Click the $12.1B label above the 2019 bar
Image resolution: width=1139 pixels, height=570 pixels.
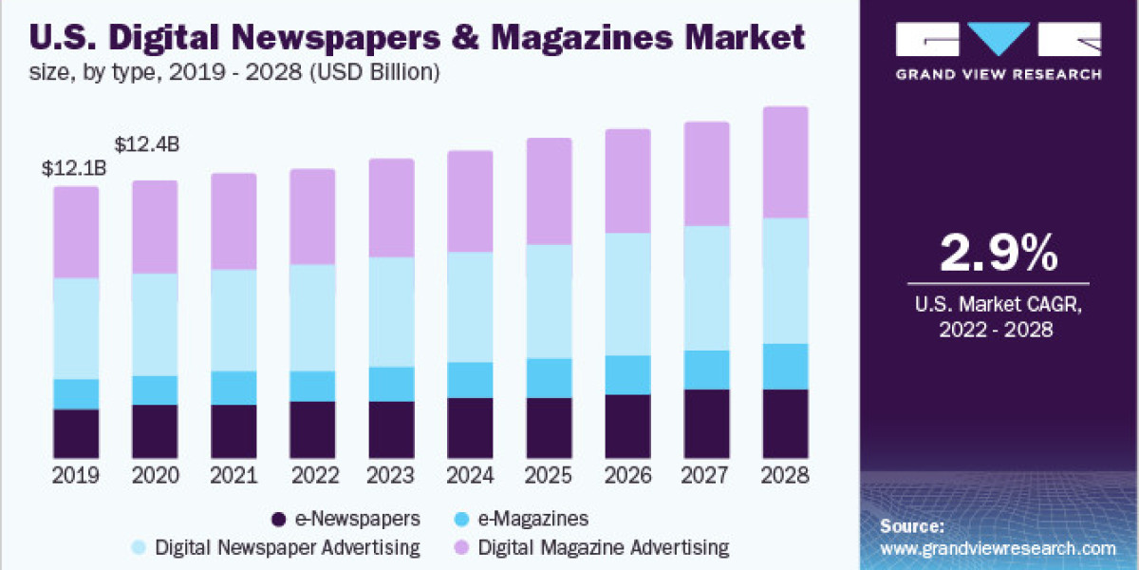pos(74,169)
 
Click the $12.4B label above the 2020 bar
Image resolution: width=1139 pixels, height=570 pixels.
pos(147,145)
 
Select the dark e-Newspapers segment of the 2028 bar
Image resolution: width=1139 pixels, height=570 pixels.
pos(785,424)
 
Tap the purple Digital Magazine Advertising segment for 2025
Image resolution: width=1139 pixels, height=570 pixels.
pos(549,191)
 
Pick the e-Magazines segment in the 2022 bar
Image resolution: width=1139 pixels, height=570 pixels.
pos(312,386)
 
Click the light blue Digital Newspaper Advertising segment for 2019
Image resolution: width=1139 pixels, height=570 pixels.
pos(76,329)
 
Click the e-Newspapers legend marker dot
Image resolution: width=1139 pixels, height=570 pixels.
pos(278,519)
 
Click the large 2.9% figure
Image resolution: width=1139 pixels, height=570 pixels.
pos(998,254)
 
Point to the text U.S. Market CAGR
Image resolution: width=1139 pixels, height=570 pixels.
pos(998,305)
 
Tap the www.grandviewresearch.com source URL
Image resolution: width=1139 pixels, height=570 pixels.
pos(998,548)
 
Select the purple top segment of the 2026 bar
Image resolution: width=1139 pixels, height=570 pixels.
pos(627,180)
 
